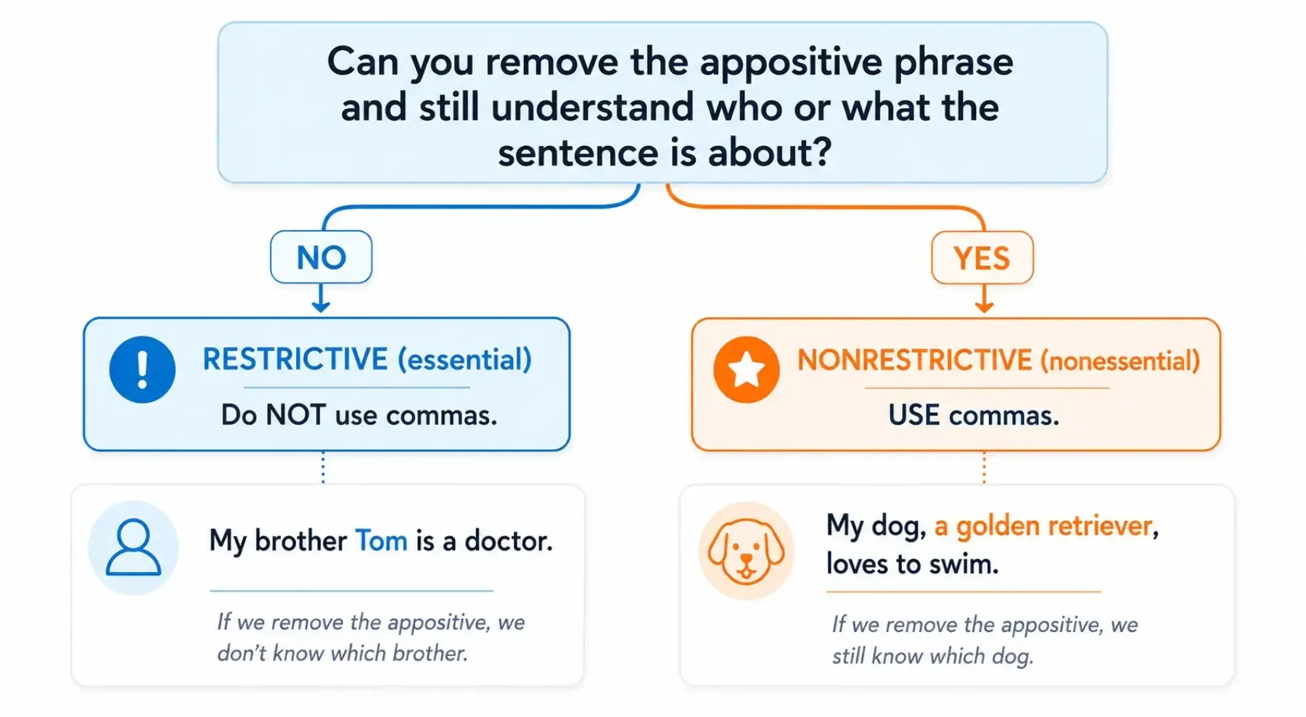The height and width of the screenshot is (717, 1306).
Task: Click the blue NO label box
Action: (321, 257)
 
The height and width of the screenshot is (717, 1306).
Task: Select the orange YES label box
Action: (982, 258)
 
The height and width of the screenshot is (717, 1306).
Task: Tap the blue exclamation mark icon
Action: (142, 369)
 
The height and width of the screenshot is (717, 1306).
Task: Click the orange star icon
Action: (746, 369)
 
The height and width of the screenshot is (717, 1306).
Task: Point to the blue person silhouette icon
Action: (134, 547)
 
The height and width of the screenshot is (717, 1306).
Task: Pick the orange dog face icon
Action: (746, 551)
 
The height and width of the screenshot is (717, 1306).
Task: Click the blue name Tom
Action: (381, 541)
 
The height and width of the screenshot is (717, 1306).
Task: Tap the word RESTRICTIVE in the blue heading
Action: (295, 359)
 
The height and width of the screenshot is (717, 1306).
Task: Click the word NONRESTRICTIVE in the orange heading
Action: (914, 360)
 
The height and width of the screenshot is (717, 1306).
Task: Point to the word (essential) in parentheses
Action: (464, 359)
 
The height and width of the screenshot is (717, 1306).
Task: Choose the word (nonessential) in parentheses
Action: (1120, 361)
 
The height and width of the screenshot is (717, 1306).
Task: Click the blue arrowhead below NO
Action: (321, 306)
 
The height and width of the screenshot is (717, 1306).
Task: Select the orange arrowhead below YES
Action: (984, 306)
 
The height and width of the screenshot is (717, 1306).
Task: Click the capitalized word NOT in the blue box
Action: (296, 415)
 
